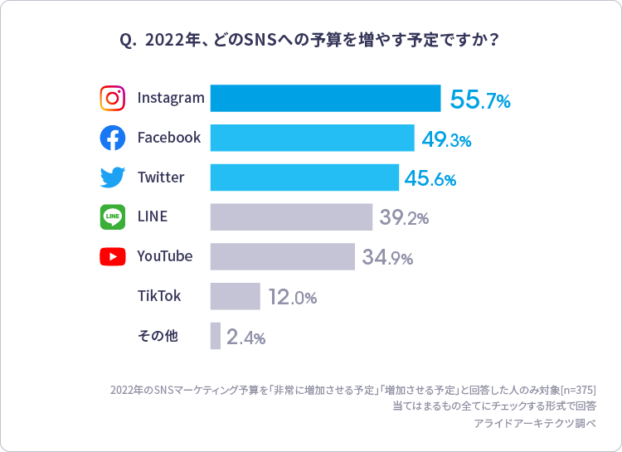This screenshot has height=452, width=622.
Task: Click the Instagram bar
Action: click(325, 98)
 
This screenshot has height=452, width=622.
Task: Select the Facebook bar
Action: click(312, 138)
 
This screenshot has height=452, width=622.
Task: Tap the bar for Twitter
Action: click(304, 177)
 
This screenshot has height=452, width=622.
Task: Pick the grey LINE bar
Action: click(291, 216)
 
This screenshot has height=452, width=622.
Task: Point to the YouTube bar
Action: click(282, 256)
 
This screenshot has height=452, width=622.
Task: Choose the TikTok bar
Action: click(235, 296)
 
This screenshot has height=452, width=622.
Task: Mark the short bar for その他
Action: click(216, 336)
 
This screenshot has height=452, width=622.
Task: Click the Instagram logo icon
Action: click(112, 98)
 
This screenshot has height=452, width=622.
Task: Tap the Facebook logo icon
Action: click(112, 138)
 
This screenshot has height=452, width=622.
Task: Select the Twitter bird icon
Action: click(112, 177)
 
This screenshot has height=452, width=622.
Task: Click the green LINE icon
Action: click(112, 216)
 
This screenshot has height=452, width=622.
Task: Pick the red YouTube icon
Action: click(112, 256)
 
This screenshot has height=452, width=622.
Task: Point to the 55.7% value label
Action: click(479, 100)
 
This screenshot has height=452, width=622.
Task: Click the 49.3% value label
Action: click(446, 139)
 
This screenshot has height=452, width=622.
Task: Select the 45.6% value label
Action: click(430, 179)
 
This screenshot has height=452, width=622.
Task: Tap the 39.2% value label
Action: click(404, 218)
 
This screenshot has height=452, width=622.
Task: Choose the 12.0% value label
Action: click(292, 297)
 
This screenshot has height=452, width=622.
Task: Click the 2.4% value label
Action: click(245, 337)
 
